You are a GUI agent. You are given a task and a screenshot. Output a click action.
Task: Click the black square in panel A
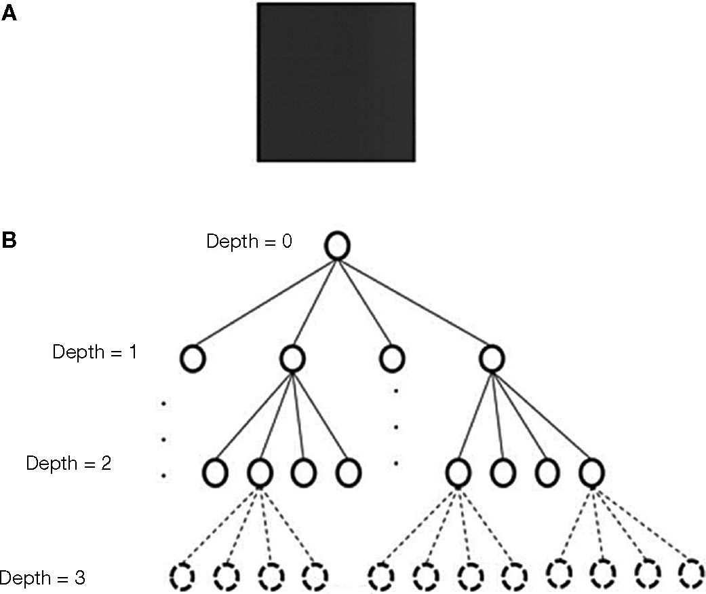click(x=336, y=82)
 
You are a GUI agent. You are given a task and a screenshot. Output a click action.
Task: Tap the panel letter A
click(x=9, y=13)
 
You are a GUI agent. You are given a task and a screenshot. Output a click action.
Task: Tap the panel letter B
click(x=9, y=240)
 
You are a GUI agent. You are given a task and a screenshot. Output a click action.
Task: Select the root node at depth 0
click(x=337, y=246)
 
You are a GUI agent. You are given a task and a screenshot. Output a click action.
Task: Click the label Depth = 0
click(x=249, y=242)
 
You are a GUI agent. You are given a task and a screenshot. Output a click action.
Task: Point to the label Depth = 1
click(x=94, y=352)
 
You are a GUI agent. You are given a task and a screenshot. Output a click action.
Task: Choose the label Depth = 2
click(x=68, y=464)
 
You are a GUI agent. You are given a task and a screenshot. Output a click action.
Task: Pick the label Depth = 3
click(x=42, y=579)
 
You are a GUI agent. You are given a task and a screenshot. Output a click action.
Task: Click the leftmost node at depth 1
click(x=193, y=358)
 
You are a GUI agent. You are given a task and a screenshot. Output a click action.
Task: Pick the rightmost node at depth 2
click(x=591, y=470)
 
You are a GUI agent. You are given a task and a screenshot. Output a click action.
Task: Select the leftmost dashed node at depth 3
click(x=182, y=577)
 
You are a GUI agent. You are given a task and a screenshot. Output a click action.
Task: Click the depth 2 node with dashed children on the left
click(x=260, y=470)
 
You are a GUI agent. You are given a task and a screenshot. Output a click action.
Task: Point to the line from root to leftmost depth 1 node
click(x=264, y=302)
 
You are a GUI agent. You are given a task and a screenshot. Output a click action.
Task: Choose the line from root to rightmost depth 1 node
click(x=414, y=302)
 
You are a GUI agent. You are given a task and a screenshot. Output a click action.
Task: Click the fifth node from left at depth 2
click(x=458, y=470)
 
